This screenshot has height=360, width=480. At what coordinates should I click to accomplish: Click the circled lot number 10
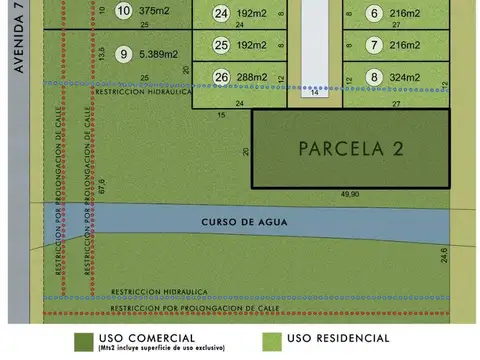click(x=123, y=11)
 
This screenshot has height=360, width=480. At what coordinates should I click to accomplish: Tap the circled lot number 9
click(x=123, y=54)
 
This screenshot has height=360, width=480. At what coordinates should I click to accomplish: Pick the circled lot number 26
click(x=221, y=76)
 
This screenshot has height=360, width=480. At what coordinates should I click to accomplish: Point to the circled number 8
click(x=374, y=76)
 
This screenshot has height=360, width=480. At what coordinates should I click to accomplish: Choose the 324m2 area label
click(x=404, y=76)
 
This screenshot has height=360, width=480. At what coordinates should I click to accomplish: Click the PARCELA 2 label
click(x=351, y=149)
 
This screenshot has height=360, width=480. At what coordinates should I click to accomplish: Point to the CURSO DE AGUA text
click(x=240, y=221)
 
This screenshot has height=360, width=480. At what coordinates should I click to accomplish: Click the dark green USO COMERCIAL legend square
click(x=85, y=341)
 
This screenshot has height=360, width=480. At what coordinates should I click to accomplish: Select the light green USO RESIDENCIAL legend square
click(x=270, y=341)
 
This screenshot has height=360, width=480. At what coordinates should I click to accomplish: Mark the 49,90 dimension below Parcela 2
click(x=350, y=194)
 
